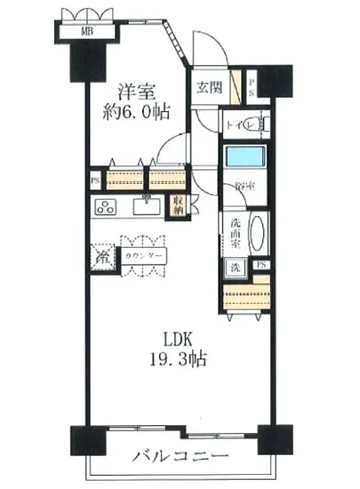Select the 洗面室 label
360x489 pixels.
pos(236,233)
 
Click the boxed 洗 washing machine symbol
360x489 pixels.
pos(236,265)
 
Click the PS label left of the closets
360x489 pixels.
pos(95,180)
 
